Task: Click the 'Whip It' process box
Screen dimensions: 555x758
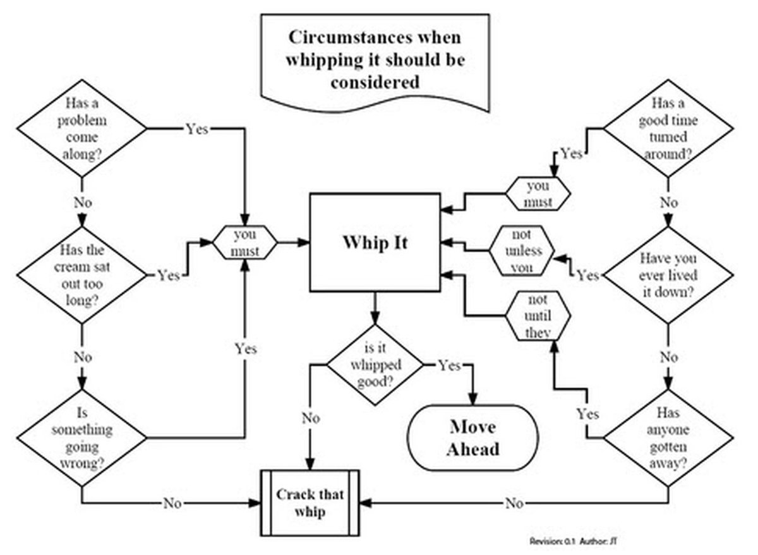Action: click(x=375, y=243)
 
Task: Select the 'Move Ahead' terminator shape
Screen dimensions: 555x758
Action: click(x=474, y=437)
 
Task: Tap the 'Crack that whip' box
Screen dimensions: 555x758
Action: click(x=310, y=503)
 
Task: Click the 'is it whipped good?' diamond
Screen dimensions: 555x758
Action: click(x=375, y=365)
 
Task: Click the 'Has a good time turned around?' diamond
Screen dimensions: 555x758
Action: click(x=667, y=129)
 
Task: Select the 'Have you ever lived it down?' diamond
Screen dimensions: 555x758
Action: click(x=667, y=275)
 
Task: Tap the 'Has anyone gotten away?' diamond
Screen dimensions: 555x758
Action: click(x=667, y=437)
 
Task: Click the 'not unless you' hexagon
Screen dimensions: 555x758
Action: click(x=522, y=250)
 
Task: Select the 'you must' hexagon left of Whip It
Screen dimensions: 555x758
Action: click(x=244, y=243)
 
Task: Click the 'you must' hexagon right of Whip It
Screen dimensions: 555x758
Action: click(x=538, y=193)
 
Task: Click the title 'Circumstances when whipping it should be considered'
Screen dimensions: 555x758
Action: click(x=375, y=59)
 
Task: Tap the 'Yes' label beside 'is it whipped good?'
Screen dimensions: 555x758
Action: click(x=449, y=365)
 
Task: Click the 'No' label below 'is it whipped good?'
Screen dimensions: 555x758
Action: click(x=310, y=418)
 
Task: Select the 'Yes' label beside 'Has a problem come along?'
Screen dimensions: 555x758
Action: click(x=196, y=129)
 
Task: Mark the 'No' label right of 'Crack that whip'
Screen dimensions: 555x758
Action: click(x=514, y=503)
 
